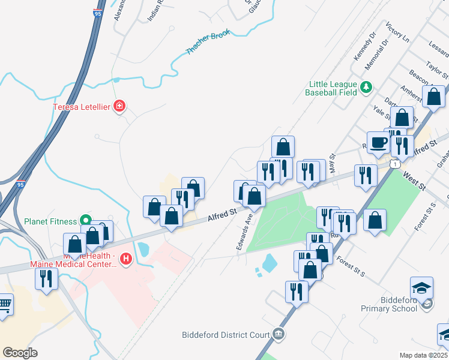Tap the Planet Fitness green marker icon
86,221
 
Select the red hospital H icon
126,259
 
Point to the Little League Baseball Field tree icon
366,89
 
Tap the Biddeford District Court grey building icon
277,334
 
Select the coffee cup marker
377,142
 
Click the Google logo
20,353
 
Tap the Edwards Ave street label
244,233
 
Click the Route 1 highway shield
394,163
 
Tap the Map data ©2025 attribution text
423,355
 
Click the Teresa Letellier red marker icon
120,107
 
